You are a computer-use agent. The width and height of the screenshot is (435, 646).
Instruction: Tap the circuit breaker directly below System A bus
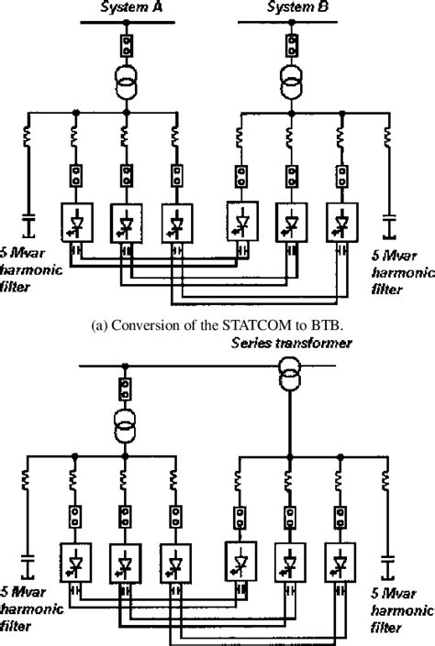[127, 44]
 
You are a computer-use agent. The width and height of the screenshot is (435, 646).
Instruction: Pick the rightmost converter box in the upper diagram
[342, 220]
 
